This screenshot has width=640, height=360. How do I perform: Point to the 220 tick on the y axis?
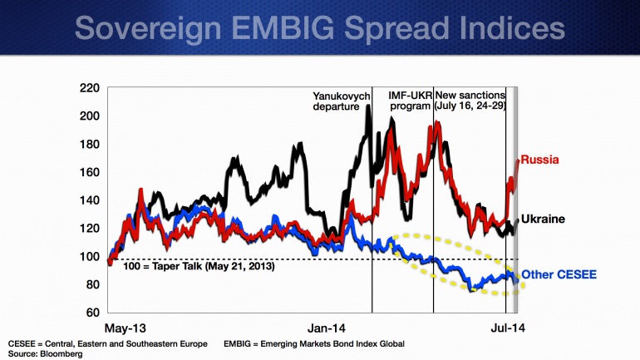[x=89, y=87]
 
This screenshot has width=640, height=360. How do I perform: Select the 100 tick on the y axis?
[x=89, y=256]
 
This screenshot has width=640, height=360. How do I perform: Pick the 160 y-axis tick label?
[x=89, y=172]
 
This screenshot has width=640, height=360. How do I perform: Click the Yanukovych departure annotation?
[x=342, y=101]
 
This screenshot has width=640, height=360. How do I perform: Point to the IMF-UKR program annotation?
[x=411, y=101]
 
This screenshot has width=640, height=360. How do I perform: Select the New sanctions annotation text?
[x=474, y=101]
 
